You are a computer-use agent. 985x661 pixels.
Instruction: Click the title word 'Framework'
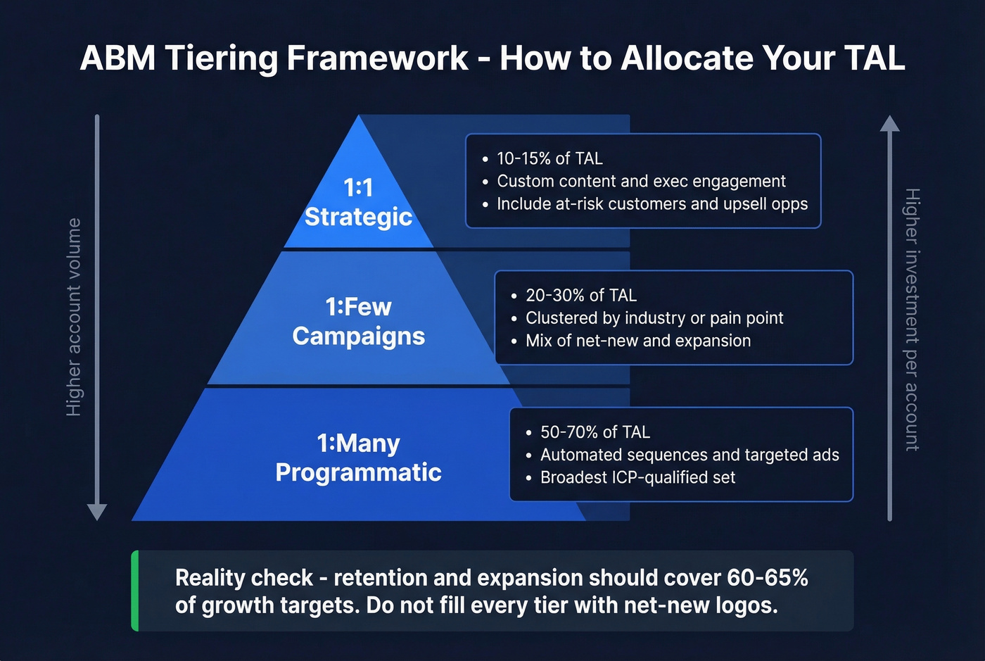point(377,58)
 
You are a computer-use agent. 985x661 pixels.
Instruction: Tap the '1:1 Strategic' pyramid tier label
point(358,203)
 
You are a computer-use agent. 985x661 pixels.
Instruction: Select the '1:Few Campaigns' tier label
point(358,322)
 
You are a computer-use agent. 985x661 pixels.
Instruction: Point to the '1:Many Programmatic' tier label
point(358,458)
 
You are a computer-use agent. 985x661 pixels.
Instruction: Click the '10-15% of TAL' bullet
point(549,158)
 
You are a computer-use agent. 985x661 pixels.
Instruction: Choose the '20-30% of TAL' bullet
point(580,296)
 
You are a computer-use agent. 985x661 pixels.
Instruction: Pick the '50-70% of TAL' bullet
point(595,432)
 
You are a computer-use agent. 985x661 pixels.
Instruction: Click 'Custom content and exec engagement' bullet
point(641,181)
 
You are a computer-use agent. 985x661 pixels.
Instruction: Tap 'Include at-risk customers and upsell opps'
point(652,204)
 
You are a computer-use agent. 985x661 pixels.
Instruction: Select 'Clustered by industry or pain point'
point(654,318)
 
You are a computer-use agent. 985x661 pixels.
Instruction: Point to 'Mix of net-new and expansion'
point(638,341)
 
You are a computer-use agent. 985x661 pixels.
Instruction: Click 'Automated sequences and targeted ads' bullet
point(689,455)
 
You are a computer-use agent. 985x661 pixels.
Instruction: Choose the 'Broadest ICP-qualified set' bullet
point(637,477)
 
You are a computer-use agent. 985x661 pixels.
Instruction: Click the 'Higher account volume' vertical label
point(74,317)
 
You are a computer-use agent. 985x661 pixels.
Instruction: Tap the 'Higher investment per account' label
point(912,320)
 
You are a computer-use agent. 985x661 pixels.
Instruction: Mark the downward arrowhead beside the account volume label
point(97,512)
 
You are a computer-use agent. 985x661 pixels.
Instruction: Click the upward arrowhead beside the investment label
point(890,124)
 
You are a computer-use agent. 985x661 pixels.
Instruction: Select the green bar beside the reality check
point(135,591)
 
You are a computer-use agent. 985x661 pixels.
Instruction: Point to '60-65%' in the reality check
point(768,578)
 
